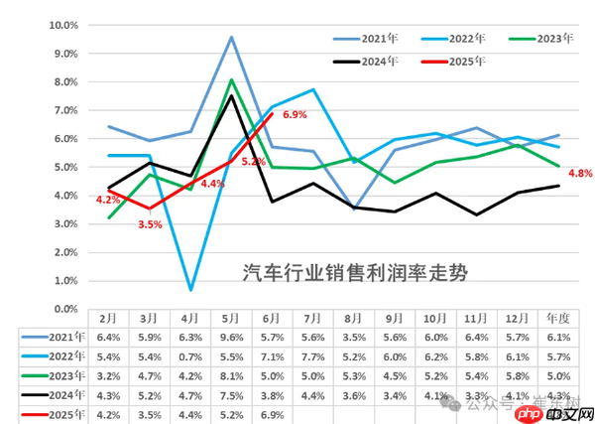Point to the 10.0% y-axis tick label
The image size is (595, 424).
point(63,25)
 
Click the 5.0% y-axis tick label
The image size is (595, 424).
point(65,167)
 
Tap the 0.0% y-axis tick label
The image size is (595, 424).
point(65,309)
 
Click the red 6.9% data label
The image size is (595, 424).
point(295,115)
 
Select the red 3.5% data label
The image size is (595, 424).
point(150,224)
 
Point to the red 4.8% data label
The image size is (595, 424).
point(580,173)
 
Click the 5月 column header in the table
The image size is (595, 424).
point(231,320)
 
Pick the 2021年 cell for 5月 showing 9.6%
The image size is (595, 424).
point(231,338)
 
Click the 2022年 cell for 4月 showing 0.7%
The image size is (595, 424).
point(189,355)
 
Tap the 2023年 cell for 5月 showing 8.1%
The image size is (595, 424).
point(231,374)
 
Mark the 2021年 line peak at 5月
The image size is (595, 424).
point(231,38)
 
